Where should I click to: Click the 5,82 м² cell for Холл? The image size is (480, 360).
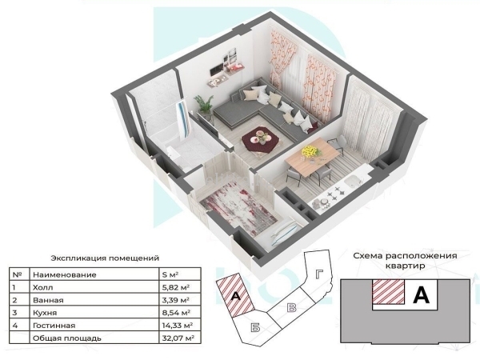point(176,287)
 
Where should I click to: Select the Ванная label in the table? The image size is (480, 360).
point(48,300)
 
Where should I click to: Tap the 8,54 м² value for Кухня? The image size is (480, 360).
point(176,313)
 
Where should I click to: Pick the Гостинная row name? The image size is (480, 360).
point(54,326)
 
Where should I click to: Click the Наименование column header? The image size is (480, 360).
point(65,275)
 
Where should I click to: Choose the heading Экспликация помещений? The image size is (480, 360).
point(105,258)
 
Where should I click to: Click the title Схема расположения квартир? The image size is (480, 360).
point(405,261)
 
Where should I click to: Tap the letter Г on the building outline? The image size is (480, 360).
point(319,274)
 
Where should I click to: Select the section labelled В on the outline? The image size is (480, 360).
point(292,307)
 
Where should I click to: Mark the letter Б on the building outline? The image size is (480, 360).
point(255,328)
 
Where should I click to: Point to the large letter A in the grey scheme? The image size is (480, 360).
point(422,295)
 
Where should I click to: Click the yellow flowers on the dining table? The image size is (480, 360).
point(310,152)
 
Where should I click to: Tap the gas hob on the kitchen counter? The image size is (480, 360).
point(335,192)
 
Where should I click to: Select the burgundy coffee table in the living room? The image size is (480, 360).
point(260,139)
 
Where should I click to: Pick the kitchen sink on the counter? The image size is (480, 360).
point(354,181)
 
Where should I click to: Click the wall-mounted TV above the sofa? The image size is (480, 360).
point(217,69)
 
